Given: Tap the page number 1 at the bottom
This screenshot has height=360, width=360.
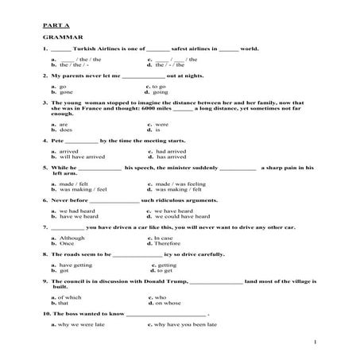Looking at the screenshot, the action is [x=315, y=342].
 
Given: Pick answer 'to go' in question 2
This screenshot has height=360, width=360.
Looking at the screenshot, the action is [x=158, y=86].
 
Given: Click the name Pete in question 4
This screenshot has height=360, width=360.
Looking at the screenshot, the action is [x=57, y=141].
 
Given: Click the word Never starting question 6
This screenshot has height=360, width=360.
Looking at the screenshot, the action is [x=60, y=201].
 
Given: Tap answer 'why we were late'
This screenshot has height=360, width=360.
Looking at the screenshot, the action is [x=78, y=325].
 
